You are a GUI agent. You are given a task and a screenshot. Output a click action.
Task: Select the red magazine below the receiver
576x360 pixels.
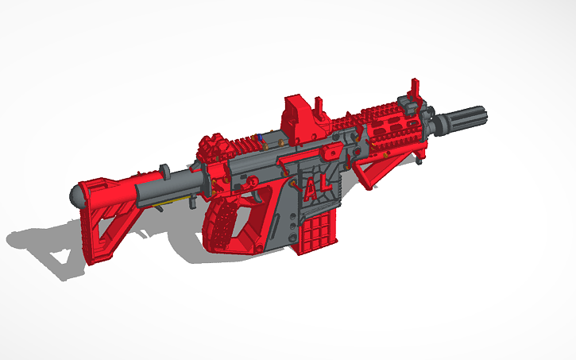point(313,234)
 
